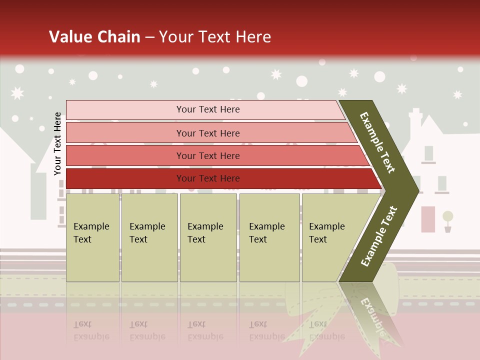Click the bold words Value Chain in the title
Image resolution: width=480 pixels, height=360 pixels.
[x=94, y=37]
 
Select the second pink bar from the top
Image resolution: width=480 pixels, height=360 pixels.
[x=208, y=133]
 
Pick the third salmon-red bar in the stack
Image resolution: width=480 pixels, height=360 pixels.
[x=208, y=156]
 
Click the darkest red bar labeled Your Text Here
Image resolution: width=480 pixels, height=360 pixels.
[x=208, y=178]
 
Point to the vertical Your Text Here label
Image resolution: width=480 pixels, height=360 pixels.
[x=58, y=144]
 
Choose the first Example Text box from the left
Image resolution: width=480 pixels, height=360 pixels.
[x=92, y=237]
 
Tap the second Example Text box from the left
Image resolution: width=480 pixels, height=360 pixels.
[x=149, y=237]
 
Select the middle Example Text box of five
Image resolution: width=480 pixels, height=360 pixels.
[x=208, y=237]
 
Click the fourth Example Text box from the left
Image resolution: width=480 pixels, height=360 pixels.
[x=269, y=237]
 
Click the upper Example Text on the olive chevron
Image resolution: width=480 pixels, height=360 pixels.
[x=377, y=142]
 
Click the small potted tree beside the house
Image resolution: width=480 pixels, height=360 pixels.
[x=447, y=220]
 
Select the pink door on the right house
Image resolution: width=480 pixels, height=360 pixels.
[x=428, y=219]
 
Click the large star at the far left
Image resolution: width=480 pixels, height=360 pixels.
[x=17, y=93]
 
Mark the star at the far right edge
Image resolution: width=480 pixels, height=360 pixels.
[x=457, y=94]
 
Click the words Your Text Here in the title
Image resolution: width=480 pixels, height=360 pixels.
[x=215, y=37]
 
